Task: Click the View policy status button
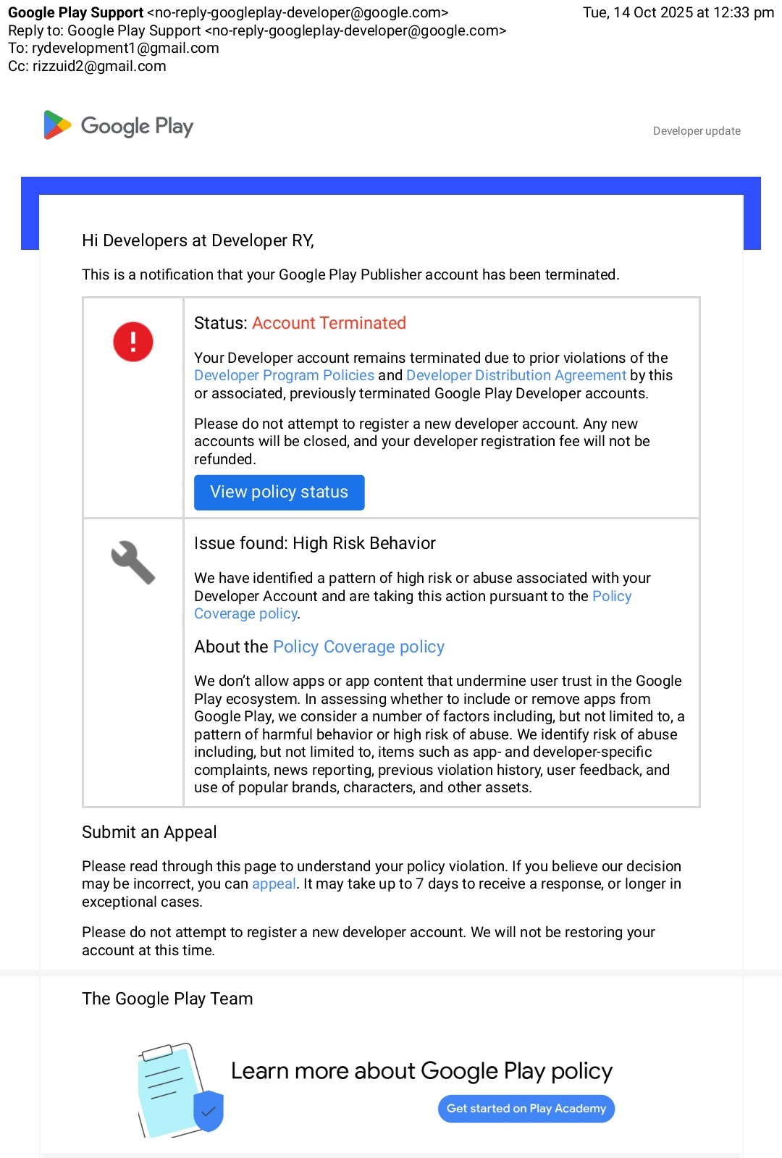tap(279, 492)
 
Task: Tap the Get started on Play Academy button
tap(526, 1109)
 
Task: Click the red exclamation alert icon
tap(133, 342)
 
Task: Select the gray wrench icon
tap(133, 563)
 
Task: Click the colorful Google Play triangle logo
tap(57, 125)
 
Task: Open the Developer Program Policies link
tap(284, 375)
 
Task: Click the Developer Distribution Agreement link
tap(516, 375)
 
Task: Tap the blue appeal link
tap(274, 884)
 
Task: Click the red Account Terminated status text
tap(329, 323)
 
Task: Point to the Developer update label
tap(697, 131)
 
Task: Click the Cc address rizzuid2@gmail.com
tap(99, 66)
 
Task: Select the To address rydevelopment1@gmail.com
tap(125, 48)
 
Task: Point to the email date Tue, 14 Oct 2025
tap(678, 12)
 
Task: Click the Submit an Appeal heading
tap(149, 832)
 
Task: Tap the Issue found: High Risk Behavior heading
tap(315, 543)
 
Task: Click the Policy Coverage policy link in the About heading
tap(358, 647)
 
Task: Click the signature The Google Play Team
tap(167, 999)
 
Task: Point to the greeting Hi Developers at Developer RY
tap(198, 240)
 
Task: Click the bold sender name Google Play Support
tap(75, 12)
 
